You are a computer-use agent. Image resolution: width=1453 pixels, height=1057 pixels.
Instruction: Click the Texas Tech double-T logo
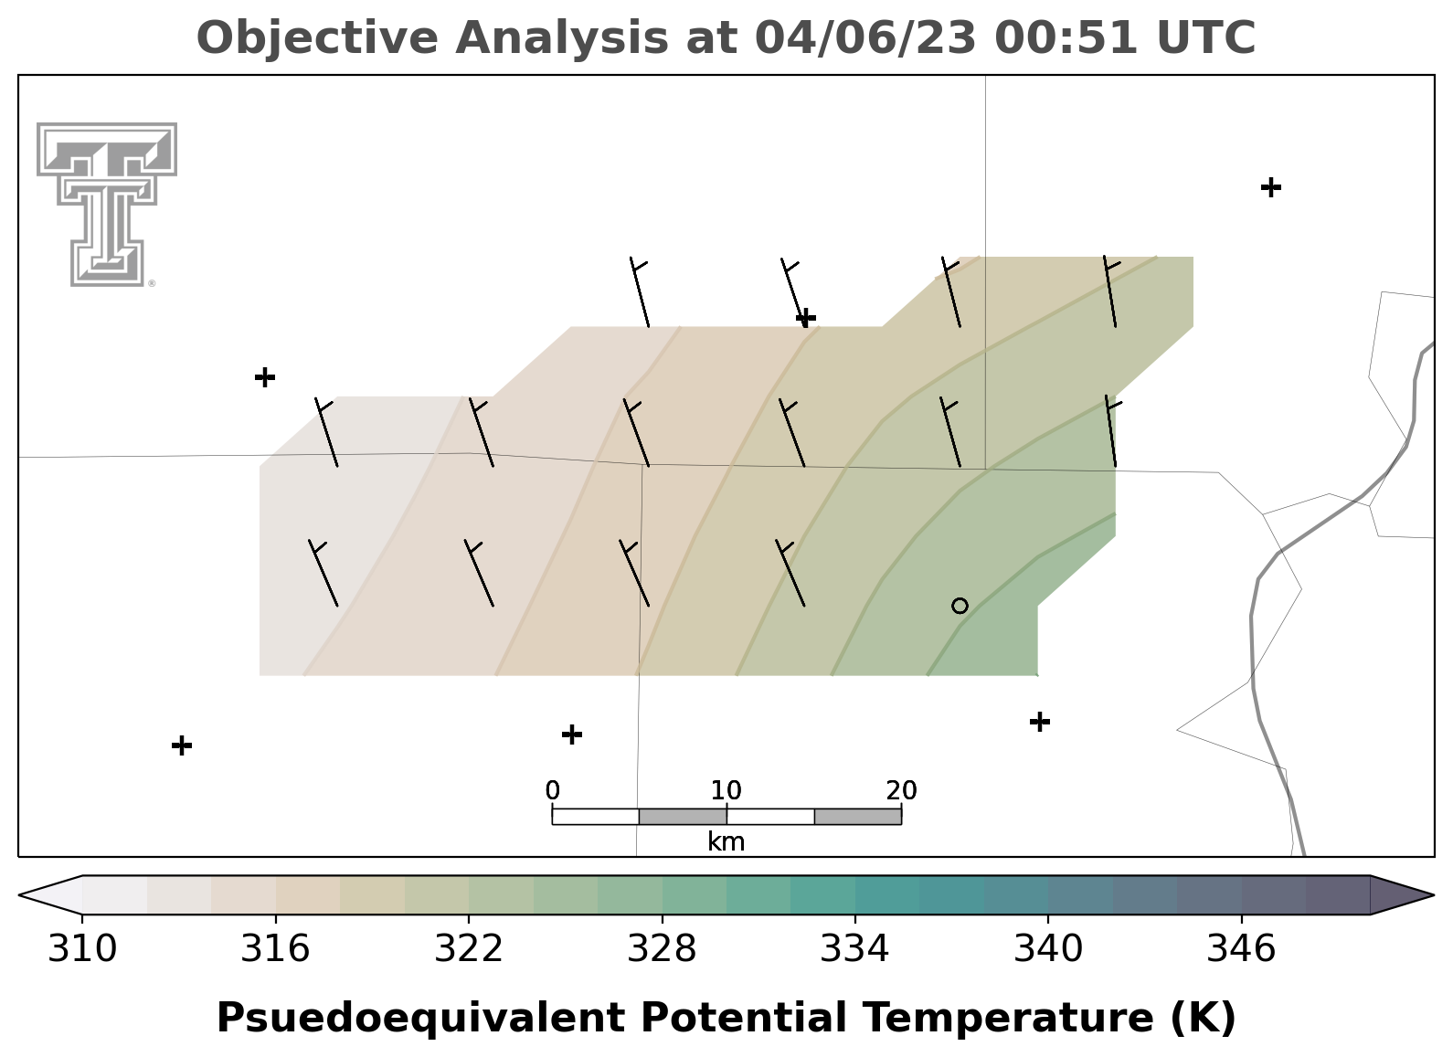click(107, 205)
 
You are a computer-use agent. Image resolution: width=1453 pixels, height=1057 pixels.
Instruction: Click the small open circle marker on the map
click(960, 606)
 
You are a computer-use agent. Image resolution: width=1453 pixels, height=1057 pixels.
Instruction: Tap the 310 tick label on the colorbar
click(82, 948)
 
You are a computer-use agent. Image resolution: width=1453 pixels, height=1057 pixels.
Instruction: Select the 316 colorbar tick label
click(276, 948)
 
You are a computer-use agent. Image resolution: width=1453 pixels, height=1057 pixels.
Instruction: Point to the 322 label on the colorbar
click(468, 948)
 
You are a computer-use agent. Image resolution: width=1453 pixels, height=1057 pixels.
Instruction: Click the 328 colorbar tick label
click(662, 948)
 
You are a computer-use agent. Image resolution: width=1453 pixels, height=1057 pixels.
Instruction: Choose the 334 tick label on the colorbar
click(855, 948)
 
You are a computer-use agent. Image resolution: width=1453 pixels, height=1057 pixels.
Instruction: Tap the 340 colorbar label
click(1048, 948)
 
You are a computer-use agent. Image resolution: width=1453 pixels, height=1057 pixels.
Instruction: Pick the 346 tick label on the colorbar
click(1242, 948)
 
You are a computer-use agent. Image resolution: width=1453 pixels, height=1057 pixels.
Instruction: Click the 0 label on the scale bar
click(553, 790)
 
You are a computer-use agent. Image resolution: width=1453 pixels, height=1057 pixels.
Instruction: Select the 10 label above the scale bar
click(726, 790)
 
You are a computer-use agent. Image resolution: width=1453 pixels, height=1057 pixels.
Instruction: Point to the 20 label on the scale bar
click(902, 790)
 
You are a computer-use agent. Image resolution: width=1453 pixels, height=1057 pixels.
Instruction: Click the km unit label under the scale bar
click(726, 841)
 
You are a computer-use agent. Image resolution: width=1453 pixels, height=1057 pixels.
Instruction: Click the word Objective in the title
click(318, 37)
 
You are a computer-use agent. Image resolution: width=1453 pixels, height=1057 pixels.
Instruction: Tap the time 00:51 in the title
click(1066, 37)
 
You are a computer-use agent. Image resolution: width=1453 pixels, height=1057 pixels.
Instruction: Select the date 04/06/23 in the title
click(866, 37)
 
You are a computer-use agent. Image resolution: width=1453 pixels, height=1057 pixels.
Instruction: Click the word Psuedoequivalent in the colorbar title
click(421, 1017)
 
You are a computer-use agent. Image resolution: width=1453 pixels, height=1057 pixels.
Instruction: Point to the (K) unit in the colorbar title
click(1204, 1017)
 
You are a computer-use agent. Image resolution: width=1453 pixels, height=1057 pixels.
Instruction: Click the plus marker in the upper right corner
click(1271, 187)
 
